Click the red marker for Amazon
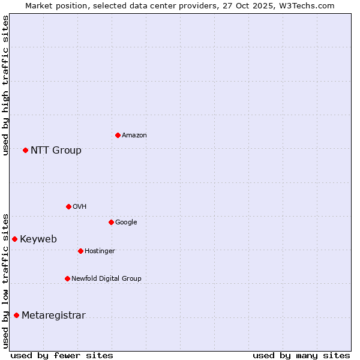click(x=118, y=135)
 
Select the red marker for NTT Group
click(x=25, y=150)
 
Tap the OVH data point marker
click(x=68, y=206)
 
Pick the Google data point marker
click(x=111, y=222)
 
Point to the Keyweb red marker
click(x=14, y=239)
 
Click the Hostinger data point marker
click(x=80, y=251)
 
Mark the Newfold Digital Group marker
click(x=67, y=278)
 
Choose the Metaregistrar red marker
click(x=16, y=315)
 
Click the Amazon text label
click(x=134, y=136)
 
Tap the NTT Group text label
click(x=56, y=150)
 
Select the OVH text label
click(x=80, y=207)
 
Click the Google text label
click(x=126, y=223)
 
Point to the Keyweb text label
click(x=38, y=239)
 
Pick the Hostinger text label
click(x=100, y=251)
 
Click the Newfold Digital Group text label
click(x=106, y=278)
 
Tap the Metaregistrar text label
click(x=53, y=316)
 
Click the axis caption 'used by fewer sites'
click(x=62, y=355)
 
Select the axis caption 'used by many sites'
click(x=301, y=355)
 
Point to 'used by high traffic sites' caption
click(x=5, y=85)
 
